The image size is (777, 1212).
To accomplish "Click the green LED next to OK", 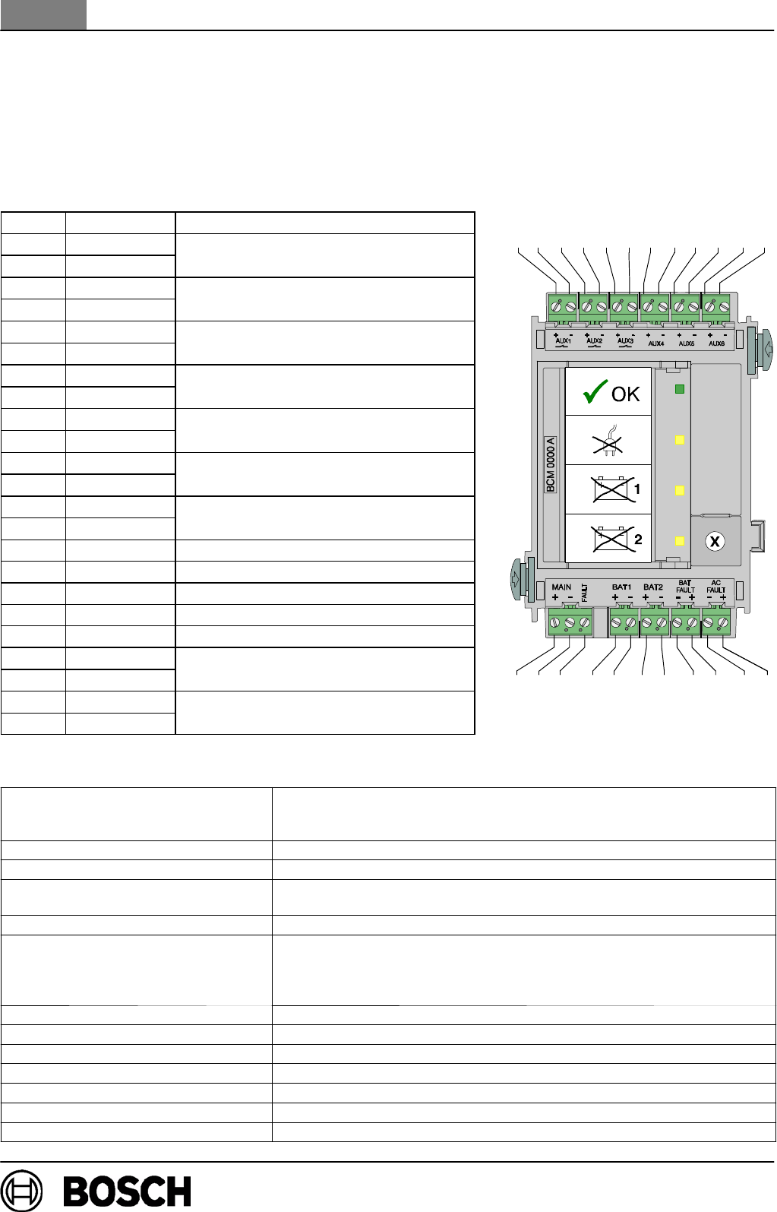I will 680,389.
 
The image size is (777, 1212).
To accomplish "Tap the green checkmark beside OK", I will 595,392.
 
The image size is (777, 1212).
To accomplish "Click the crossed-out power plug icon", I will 608,440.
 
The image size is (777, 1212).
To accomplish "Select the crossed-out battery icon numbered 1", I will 611,490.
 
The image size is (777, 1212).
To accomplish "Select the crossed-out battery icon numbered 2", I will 611,539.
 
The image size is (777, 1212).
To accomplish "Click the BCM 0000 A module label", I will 551,464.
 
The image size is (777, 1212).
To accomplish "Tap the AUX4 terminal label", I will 655,343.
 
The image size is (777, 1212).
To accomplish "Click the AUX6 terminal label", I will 716,343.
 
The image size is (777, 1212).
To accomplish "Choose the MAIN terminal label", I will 561,587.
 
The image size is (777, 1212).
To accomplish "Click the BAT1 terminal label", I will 621,587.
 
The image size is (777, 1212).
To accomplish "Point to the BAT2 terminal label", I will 653,587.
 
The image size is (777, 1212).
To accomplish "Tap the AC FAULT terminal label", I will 716,587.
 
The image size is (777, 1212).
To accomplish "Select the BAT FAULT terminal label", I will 685,587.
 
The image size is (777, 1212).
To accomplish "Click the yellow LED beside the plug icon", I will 680,440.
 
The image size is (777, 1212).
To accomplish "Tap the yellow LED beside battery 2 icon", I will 680,540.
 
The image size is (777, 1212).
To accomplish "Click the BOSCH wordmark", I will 127,1191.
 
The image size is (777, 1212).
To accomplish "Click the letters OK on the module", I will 626,394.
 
